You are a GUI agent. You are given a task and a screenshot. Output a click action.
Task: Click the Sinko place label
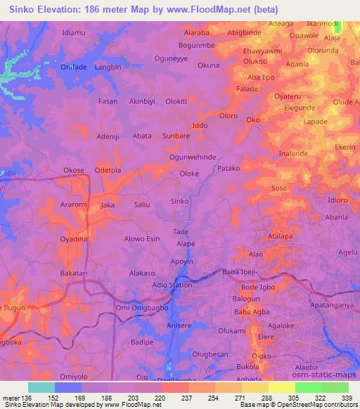(179, 201)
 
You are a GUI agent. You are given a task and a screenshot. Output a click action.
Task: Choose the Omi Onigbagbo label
(141, 308)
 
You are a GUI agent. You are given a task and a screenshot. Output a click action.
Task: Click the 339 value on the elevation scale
(346, 397)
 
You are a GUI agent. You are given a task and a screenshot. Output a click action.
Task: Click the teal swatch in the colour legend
(41, 387)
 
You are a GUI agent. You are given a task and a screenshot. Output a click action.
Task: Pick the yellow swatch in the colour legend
(282, 387)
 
